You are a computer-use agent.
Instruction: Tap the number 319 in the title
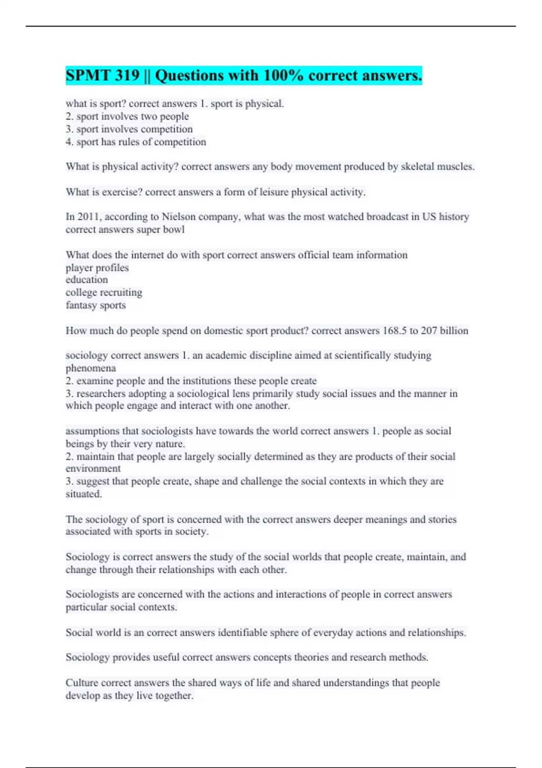click(x=127, y=75)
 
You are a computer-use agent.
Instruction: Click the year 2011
click(x=89, y=217)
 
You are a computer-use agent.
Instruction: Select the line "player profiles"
click(x=97, y=268)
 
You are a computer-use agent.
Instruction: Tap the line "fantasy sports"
click(x=96, y=305)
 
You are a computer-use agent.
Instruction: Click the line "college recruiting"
click(x=104, y=293)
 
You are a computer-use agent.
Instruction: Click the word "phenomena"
click(x=91, y=368)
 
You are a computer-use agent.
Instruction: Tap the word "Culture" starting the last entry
click(x=82, y=683)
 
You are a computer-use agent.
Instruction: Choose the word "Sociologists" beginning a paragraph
click(x=92, y=595)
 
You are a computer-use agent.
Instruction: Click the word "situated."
click(x=84, y=494)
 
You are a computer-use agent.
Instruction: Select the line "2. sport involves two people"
click(x=127, y=117)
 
